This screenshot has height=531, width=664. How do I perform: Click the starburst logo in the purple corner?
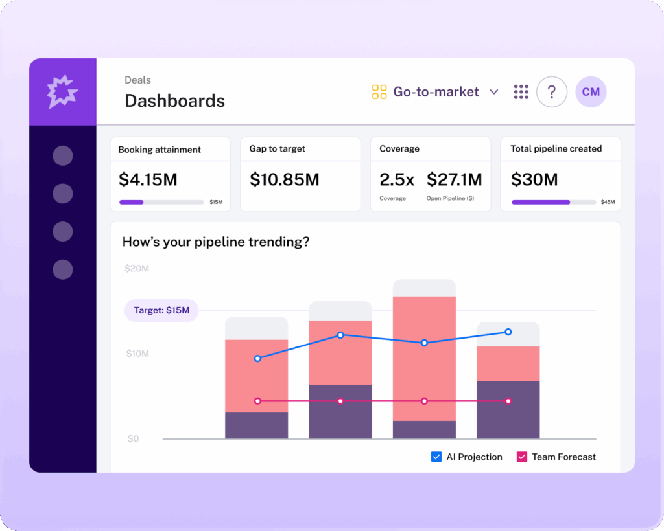coord(63,91)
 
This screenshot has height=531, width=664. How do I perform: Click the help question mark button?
coord(552,92)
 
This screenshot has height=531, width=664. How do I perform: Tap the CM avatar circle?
coord(591,92)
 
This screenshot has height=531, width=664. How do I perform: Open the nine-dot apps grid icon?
coord(521,92)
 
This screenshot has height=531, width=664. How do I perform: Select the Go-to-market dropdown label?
coord(436,92)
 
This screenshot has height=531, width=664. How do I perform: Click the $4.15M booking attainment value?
coord(148,179)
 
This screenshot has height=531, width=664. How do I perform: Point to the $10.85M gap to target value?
coord(284,179)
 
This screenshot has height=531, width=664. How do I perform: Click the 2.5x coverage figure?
coord(397,179)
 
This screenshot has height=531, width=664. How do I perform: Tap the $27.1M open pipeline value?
coord(454,179)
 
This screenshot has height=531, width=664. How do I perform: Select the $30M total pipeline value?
coord(534,179)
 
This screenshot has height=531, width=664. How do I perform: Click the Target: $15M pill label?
coord(161,310)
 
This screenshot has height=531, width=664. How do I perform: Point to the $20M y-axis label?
coord(137,268)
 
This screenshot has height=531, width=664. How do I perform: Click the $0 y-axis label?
coord(133,438)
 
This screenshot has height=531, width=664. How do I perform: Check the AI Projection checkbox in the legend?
coord(436,457)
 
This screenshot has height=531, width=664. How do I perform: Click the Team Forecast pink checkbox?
coord(522,457)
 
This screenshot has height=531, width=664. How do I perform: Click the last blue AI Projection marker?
coord(508,332)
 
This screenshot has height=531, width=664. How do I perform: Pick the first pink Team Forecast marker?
coord(257,401)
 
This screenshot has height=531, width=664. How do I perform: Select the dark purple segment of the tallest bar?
coord(424,429)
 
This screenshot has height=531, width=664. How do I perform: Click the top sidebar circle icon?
coord(63,155)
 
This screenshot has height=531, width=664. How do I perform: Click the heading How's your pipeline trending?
coord(216,242)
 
